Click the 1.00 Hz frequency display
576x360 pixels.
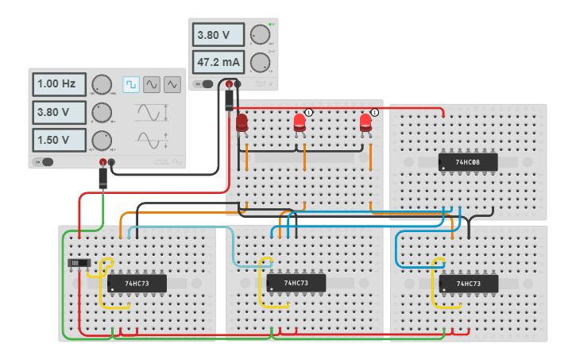click(x=59, y=84)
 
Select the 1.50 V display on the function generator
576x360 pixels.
click(x=59, y=140)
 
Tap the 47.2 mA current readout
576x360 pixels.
click(x=219, y=61)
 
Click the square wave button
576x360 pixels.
click(x=130, y=84)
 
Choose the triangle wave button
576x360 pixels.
click(x=172, y=84)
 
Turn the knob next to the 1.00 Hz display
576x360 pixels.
click(x=102, y=84)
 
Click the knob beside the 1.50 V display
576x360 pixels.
click(x=102, y=140)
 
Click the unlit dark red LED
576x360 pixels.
click(x=242, y=122)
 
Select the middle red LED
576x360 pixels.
click(x=300, y=122)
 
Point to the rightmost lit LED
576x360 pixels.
click(x=365, y=122)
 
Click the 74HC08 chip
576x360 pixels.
click(x=468, y=162)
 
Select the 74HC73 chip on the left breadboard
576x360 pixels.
click(x=137, y=283)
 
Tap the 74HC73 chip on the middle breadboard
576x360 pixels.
click(x=296, y=283)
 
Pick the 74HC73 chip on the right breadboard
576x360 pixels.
click(x=468, y=283)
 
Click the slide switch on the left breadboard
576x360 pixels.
click(x=78, y=263)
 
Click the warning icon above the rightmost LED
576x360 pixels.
click(x=374, y=113)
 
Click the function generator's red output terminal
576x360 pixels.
click(x=102, y=163)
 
